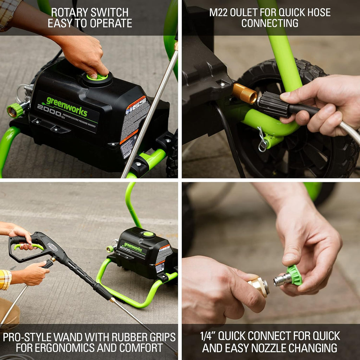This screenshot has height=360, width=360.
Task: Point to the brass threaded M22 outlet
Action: pos(245,94)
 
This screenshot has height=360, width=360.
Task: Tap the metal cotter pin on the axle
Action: pos(262,141)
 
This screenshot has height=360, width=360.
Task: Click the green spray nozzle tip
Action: pos(294,275)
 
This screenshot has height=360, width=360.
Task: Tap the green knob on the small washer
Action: pos(148,234)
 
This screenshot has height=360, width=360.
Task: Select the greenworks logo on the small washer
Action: pos(133,246)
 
